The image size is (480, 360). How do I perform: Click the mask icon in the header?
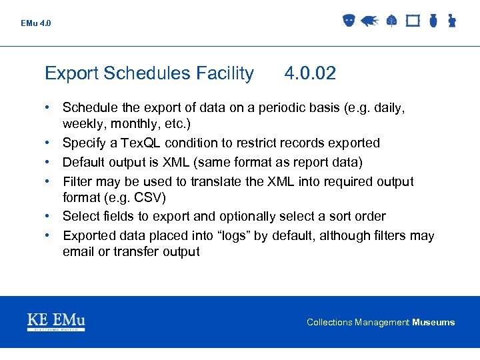pyautogui.click(x=349, y=21)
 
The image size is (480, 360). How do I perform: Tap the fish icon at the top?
pyautogui.click(x=369, y=21)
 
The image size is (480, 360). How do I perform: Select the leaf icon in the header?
pyautogui.click(x=391, y=21)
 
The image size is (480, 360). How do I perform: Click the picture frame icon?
pyautogui.click(x=413, y=21)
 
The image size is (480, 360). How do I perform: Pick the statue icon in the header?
pyautogui.click(x=451, y=21)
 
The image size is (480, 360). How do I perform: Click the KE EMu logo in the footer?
pyautogui.click(x=56, y=322)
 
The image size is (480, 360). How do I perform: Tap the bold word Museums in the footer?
pyautogui.click(x=433, y=323)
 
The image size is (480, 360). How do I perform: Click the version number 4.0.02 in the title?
pyautogui.click(x=310, y=73)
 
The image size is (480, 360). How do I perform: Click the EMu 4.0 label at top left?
pyautogui.click(x=35, y=23)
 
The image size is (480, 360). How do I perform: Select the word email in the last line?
pyautogui.click(x=79, y=252)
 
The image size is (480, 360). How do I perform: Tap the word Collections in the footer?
pyautogui.click(x=329, y=323)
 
